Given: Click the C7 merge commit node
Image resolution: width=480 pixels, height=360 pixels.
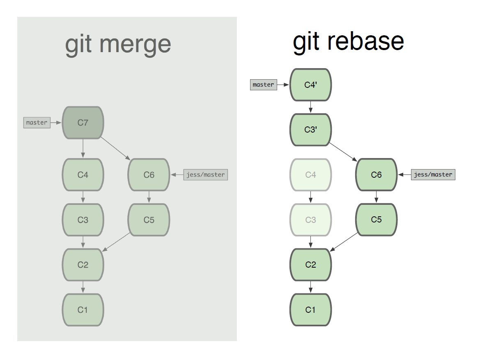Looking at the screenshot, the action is pos(83,122).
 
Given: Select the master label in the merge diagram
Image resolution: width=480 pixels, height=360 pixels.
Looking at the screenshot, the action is pos(37,122).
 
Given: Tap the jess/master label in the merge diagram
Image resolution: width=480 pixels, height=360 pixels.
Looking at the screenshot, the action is pos(205,174).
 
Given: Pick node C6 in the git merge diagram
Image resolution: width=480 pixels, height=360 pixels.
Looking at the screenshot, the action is pos(149,174).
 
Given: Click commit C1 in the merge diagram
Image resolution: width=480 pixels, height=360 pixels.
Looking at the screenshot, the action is pos(83,310).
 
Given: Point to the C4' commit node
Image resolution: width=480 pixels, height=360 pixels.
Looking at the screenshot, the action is pos(311,85).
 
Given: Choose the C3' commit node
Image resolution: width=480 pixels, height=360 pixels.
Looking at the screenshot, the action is pos(311,130).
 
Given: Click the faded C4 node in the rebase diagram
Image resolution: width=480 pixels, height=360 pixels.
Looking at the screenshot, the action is pos(311,174).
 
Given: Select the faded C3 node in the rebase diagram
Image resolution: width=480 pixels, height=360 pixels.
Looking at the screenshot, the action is pos(311,220).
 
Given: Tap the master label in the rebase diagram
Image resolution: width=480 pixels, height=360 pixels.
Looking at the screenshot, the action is pos(263,85).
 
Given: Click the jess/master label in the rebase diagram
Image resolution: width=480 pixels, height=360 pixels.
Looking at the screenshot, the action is pos(433,174).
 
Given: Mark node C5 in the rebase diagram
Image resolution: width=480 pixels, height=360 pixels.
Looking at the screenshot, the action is pos(376,220).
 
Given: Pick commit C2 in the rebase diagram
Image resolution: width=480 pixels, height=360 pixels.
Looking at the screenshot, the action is pos(311,264).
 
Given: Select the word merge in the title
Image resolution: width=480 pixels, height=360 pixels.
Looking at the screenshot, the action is pos(135,45).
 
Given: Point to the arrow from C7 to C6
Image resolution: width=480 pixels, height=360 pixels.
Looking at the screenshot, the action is pos(115,149).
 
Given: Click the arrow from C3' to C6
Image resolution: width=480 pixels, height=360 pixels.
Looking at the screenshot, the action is pos(343,152).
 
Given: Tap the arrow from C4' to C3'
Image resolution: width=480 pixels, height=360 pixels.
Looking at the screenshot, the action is pos(311,107).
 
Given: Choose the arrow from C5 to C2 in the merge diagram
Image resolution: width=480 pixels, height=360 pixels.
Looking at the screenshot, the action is pos(116,242).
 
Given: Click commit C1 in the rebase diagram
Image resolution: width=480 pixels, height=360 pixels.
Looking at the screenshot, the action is pos(311,310).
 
